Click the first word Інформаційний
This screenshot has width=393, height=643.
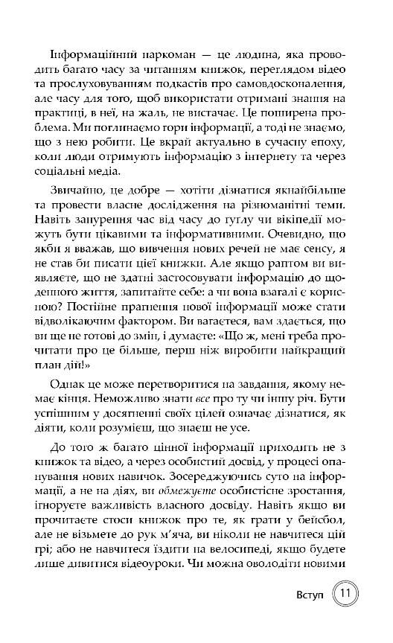pos(85,57)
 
